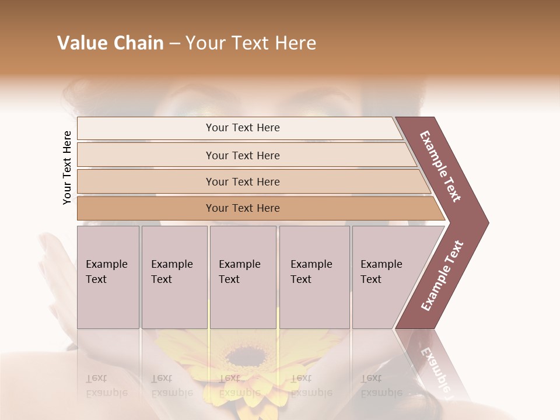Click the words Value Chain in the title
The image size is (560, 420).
point(110,43)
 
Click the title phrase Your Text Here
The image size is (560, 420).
point(251,43)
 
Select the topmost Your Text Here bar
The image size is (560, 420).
point(243,128)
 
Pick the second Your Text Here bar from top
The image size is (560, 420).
point(243,155)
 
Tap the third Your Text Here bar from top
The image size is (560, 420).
point(243,181)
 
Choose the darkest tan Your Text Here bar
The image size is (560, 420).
point(243,208)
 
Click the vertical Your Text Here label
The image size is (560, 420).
point(67,167)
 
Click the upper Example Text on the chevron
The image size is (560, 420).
point(440,166)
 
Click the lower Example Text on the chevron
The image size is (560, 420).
point(442,276)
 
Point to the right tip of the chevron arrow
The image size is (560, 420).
point(487,222)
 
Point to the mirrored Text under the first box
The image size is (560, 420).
point(97,379)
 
